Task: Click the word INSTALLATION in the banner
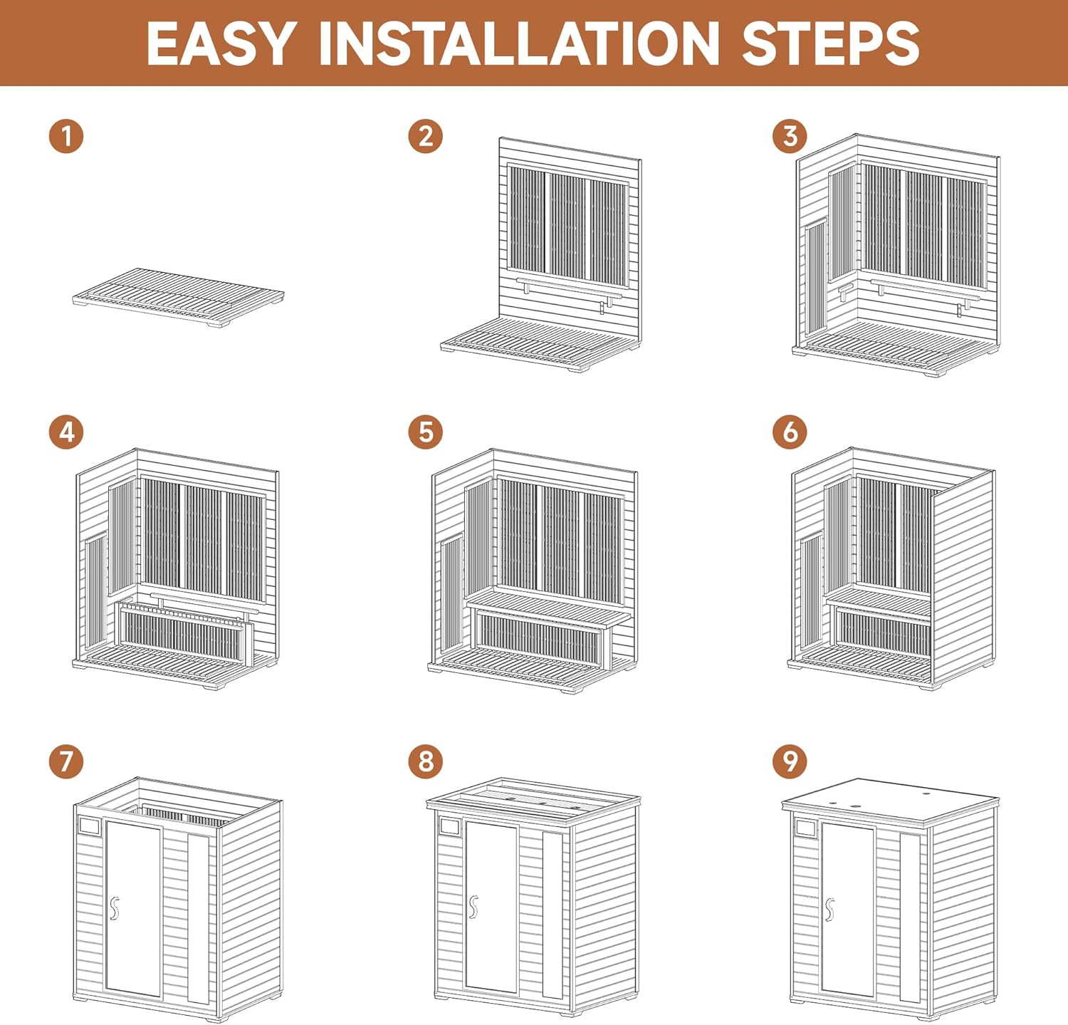[519, 43]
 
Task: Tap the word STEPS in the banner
[831, 43]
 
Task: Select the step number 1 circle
[66, 135]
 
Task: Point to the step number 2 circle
[426, 135]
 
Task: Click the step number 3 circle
[790, 135]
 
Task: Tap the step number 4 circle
[66, 432]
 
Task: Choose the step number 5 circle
[426, 432]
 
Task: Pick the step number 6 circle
[790, 432]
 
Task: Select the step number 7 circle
[66, 761]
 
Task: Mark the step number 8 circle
[426, 761]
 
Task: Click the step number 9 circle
[790, 761]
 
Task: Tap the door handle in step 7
[114, 908]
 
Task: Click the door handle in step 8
[473, 907]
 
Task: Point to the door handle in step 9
[829, 910]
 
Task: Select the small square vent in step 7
[89, 826]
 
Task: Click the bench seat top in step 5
[548, 608]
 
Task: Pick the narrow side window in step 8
[553, 914]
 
